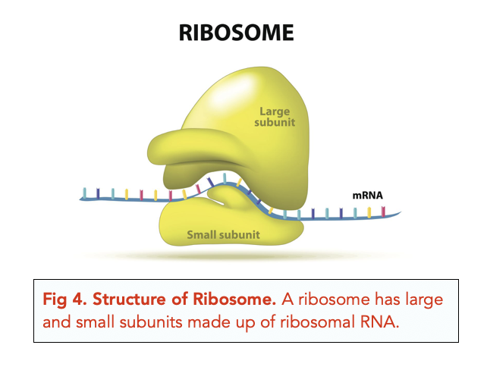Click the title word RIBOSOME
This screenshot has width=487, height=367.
[x=236, y=33]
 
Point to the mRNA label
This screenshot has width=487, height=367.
[x=367, y=195]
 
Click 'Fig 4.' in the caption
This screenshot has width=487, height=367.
[x=62, y=301]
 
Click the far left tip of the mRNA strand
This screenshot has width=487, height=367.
[x=81, y=199]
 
